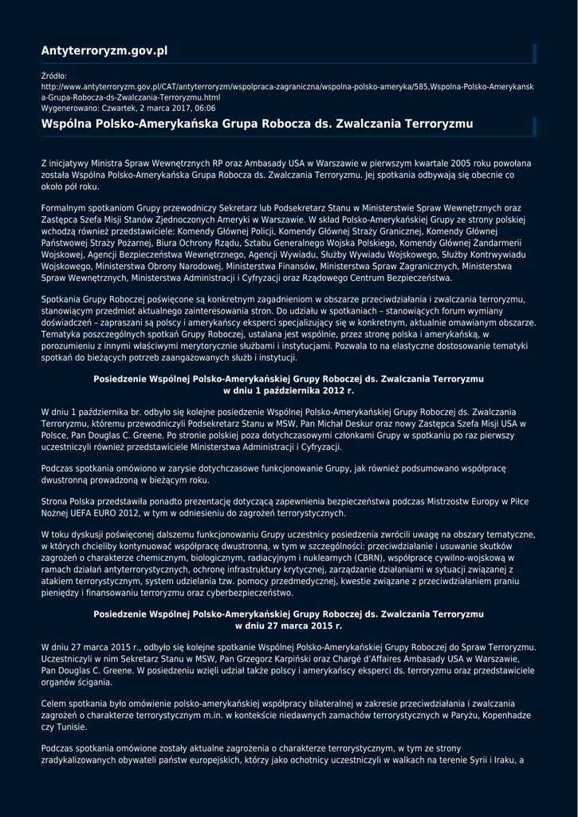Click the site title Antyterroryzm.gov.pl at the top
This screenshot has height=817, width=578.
point(104,51)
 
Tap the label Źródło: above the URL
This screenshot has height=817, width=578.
point(54,76)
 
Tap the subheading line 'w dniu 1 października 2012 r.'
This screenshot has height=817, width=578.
point(289,391)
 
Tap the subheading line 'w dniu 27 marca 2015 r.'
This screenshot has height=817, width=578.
point(289,626)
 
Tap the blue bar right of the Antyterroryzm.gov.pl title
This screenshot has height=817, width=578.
point(534,53)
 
